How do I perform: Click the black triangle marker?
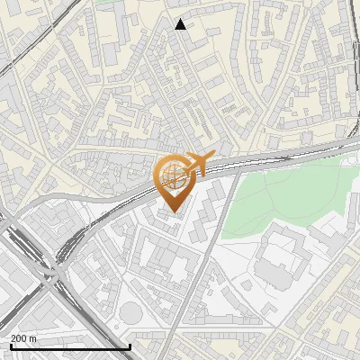[181, 24]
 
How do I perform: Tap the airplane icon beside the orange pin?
[200, 164]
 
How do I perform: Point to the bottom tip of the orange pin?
[173, 211]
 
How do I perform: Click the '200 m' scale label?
[24, 338]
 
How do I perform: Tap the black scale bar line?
[70, 346]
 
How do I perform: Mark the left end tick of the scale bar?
[11, 346]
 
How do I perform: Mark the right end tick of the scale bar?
[130, 346]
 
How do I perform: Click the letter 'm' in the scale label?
[33, 338]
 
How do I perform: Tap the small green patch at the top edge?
[108, 3]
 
